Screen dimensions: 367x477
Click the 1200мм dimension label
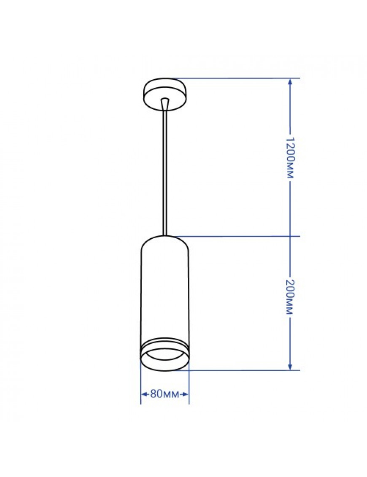[x=290, y=157]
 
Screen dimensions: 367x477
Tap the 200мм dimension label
[x=290, y=296]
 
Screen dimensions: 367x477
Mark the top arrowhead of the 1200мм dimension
[x=290, y=82]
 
